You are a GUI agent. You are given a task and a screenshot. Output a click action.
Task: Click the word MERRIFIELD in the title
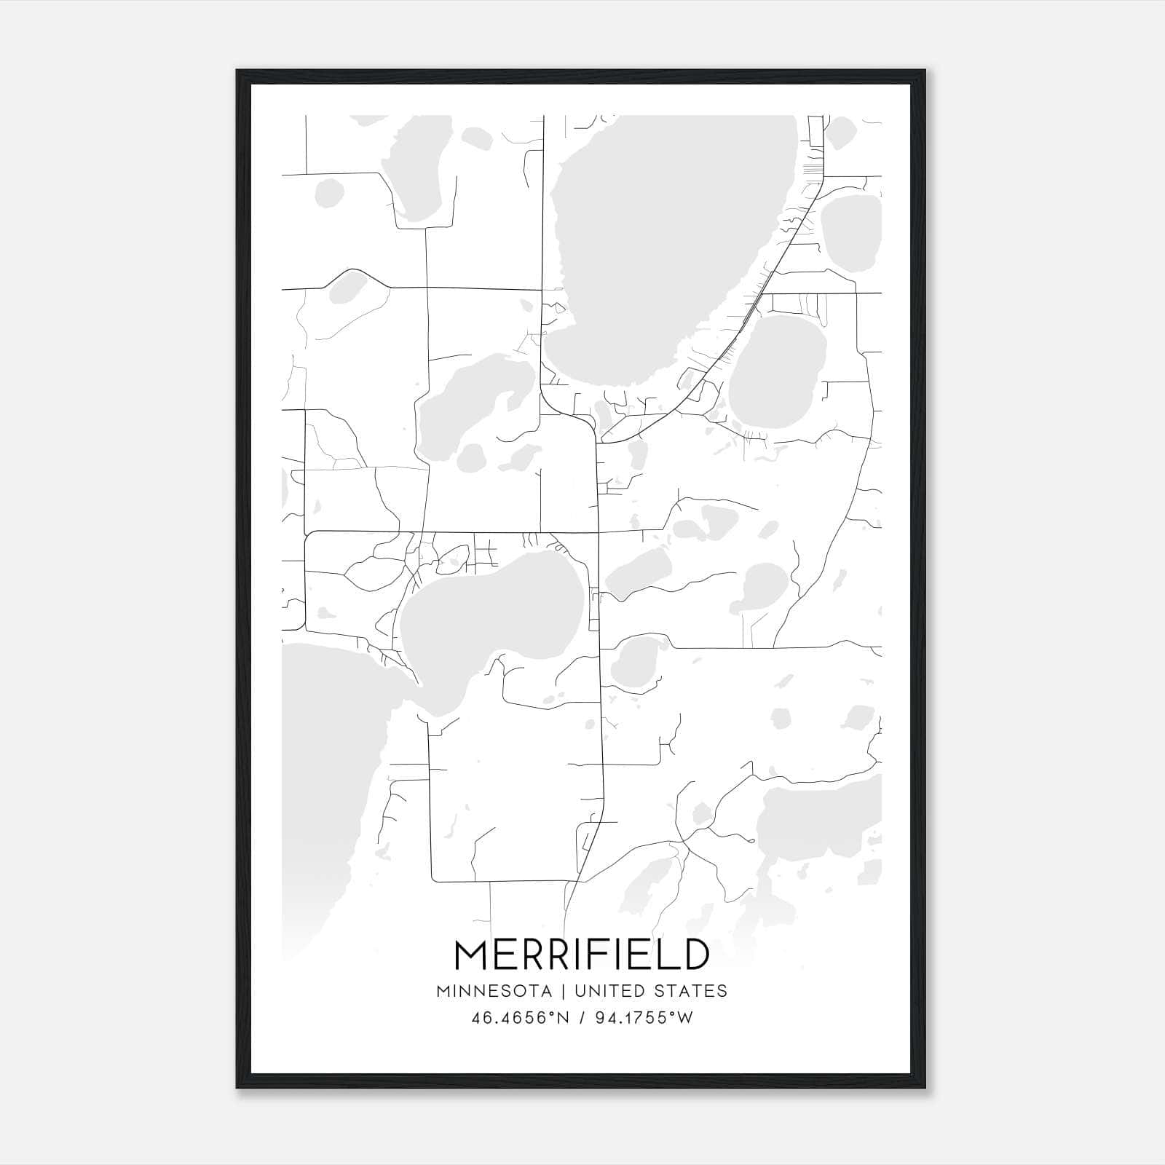pos(582,955)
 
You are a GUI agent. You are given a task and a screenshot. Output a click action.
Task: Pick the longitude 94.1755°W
pos(644,1018)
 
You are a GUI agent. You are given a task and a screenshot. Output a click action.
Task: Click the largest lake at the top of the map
pos(670,233)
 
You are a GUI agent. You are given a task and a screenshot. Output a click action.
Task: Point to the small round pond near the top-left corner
pos(329,193)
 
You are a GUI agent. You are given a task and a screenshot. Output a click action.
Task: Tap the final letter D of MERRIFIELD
pos(696,955)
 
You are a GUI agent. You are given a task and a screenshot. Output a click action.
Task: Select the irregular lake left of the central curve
pos(466,408)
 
